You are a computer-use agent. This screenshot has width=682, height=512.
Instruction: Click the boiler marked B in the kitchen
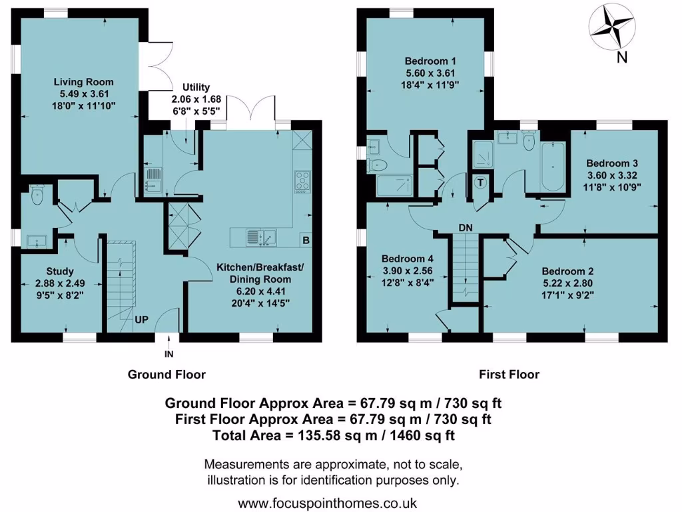[x=305, y=240]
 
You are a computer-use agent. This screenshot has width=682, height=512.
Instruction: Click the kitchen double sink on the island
[x=261, y=237]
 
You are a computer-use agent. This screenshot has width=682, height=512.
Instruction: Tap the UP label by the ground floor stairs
[x=142, y=319]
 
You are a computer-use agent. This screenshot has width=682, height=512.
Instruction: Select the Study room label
[x=60, y=271]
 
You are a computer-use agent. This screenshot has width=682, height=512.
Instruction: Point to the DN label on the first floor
[x=466, y=228]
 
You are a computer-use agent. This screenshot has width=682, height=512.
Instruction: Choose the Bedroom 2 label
[x=567, y=271]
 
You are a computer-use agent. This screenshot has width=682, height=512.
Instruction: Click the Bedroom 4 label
[x=407, y=259]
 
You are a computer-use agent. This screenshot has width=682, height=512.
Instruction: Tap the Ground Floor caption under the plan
[x=167, y=375]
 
